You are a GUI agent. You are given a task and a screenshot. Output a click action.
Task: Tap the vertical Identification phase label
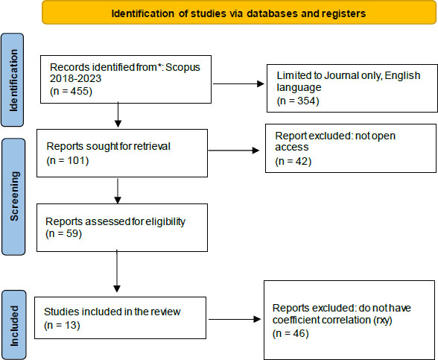point(13,80)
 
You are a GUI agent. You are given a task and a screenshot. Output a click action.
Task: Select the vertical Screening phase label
point(14,196)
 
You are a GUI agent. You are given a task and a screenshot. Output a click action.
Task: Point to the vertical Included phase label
point(14,326)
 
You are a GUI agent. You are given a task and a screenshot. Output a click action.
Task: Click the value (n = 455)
point(71,91)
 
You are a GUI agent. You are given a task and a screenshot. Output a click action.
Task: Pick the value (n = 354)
point(298,101)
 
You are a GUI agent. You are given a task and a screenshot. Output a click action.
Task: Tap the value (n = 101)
point(68,160)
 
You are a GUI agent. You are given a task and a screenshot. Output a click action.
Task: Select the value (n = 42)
point(293,161)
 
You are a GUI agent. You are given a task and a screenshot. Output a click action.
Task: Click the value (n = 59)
point(64,233)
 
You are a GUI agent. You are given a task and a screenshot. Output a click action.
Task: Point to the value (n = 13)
point(62,325)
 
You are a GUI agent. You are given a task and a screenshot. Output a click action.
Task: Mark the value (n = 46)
point(291,333)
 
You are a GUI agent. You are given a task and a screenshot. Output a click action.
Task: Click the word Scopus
point(183,67)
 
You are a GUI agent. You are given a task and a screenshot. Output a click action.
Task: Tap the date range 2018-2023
point(75,78)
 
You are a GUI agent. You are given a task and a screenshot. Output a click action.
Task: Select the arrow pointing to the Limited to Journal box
point(238,83)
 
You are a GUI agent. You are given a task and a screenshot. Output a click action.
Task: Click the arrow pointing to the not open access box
point(234,151)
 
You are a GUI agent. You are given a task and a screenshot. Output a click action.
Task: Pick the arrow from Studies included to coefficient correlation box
point(235,319)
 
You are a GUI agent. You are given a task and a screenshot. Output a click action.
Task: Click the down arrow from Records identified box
point(118,115)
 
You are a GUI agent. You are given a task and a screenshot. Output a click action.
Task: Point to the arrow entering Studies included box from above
point(117,271)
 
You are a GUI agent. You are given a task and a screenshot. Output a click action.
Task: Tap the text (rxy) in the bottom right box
point(383,320)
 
